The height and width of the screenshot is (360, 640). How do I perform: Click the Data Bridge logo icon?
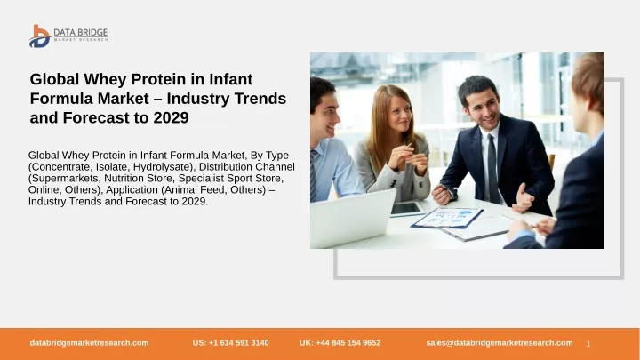pyautogui.click(x=40, y=36)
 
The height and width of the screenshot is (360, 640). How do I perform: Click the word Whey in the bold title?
pyautogui.click(x=107, y=79)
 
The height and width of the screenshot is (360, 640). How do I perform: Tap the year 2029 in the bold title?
pyautogui.click(x=171, y=117)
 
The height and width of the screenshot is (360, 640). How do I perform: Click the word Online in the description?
pyautogui.click(x=44, y=190)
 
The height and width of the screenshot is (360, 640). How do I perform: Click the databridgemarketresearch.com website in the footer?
pyautogui.click(x=89, y=343)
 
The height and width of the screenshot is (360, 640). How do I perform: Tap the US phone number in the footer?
pyautogui.click(x=230, y=343)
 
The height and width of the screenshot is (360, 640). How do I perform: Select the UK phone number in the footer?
pyautogui.click(x=340, y=343)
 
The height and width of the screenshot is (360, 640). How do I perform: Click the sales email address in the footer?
pyautogui.click(x=500, y=343)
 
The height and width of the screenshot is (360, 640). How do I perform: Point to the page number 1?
pyautogui.click(x=588, y=344)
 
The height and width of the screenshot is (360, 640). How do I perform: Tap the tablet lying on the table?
pyautogui.click(x=407, y=209)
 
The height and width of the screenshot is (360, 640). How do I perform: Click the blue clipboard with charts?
pyautogui.click(x=447, y=218)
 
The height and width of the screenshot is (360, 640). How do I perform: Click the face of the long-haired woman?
pyautogui.click(x=399, y=112)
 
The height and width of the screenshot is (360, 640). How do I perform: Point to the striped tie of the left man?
pyautogui.click(x=313, y=175)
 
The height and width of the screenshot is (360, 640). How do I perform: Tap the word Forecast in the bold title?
pyautogui.click(x=106, y=117)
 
